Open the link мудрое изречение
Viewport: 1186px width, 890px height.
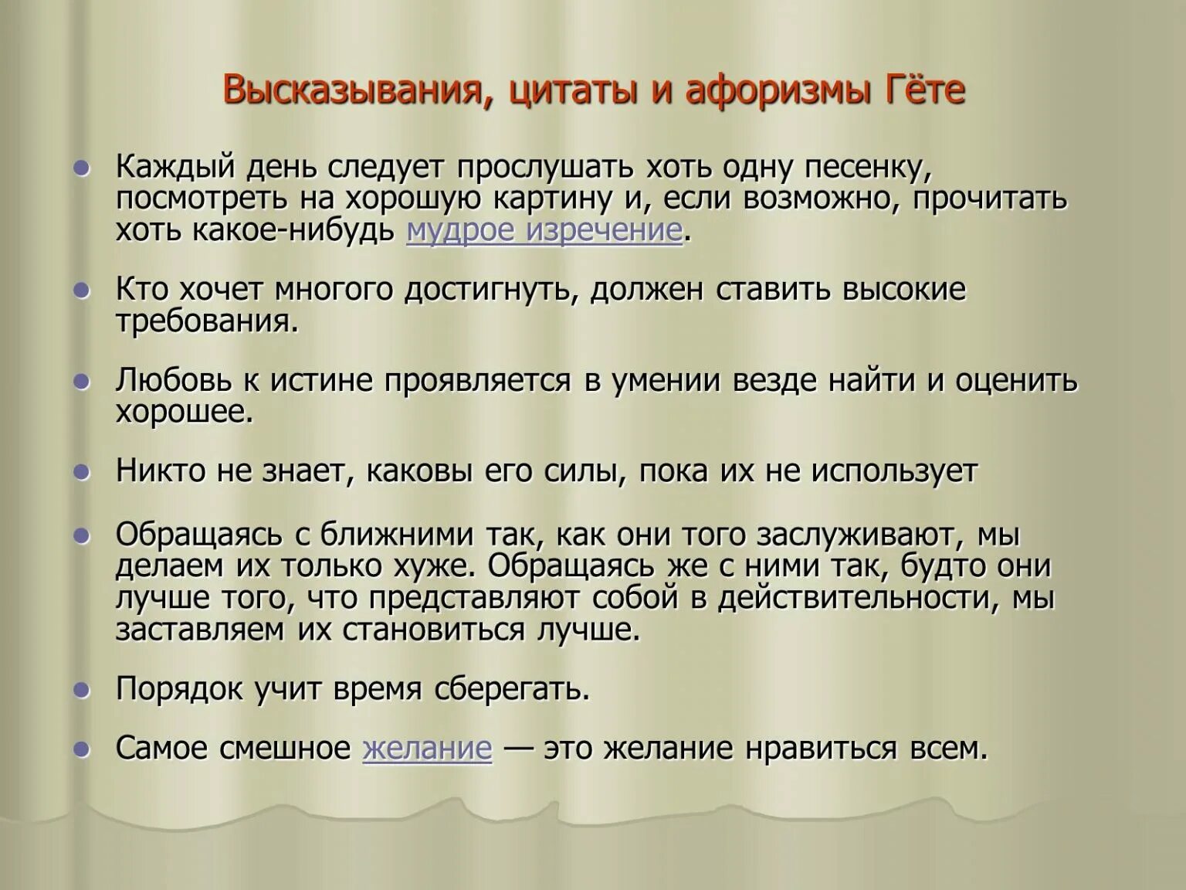[x=544, y=231]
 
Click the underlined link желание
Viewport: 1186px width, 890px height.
[x=427, y=749]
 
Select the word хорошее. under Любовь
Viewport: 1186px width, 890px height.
[x=185, y=413]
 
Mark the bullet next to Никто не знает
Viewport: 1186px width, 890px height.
[x=81, y=472]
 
